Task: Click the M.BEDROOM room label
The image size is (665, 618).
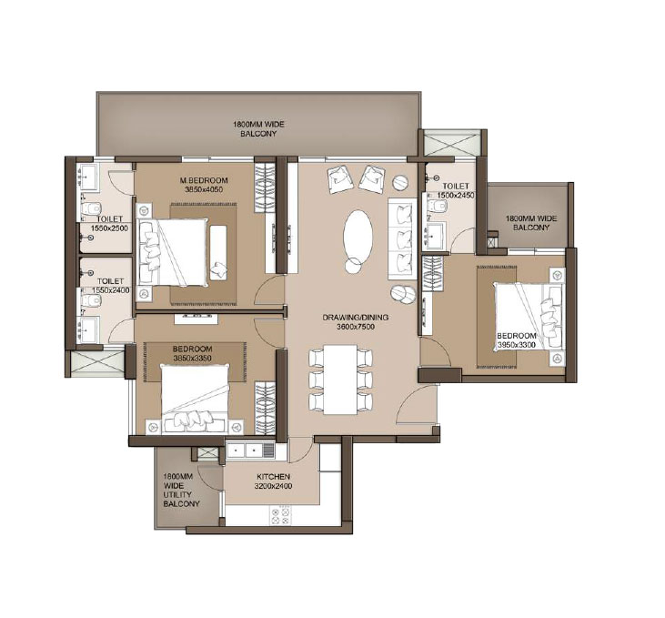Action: (x=203, y=180)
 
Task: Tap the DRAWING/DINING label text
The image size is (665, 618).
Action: (x=355, y=318)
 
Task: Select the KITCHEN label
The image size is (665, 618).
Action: (x=273, y=477)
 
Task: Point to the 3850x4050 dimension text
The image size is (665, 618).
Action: (x=203, y=190)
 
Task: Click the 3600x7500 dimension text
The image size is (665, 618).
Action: (x=355, y=327)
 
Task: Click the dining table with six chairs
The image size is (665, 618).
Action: (x=341, y=380)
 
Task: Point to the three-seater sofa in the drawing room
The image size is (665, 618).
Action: (x=401, y=239)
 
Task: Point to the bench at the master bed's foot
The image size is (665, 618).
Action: (x=218, y=251)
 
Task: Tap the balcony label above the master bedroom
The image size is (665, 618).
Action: (x=257, y=128)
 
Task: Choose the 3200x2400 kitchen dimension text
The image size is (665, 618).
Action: (x=273, y=487)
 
